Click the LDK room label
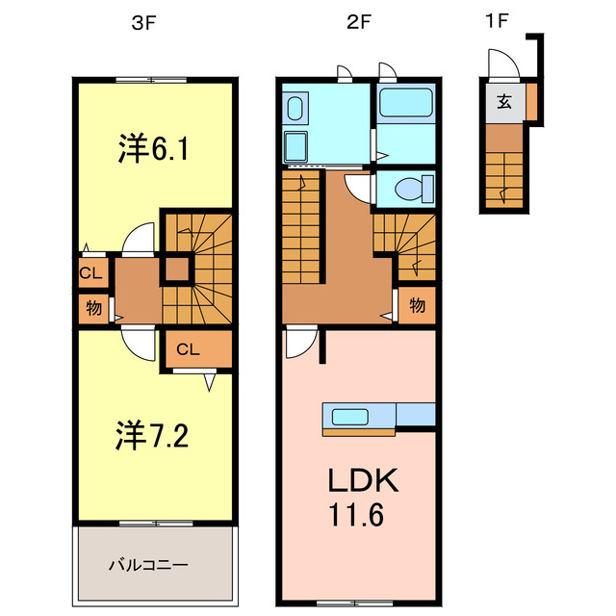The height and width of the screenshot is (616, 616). [x=359, y=480]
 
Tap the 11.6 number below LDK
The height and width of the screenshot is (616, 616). [x=359, y=517]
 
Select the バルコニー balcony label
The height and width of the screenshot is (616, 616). [x=154, y=563]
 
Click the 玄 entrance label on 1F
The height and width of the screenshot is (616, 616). [x=503, y=99]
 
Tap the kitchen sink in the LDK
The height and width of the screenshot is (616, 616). [x=351, y=416]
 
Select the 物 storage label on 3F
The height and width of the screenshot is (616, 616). [x=93, y=309]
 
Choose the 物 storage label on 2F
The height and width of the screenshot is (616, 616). [x=418, y=306]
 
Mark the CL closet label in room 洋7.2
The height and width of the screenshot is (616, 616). [x=188, y=348]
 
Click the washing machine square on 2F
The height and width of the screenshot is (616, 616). [x=295, y=147]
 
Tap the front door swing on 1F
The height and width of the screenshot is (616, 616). [x=501, y=65]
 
